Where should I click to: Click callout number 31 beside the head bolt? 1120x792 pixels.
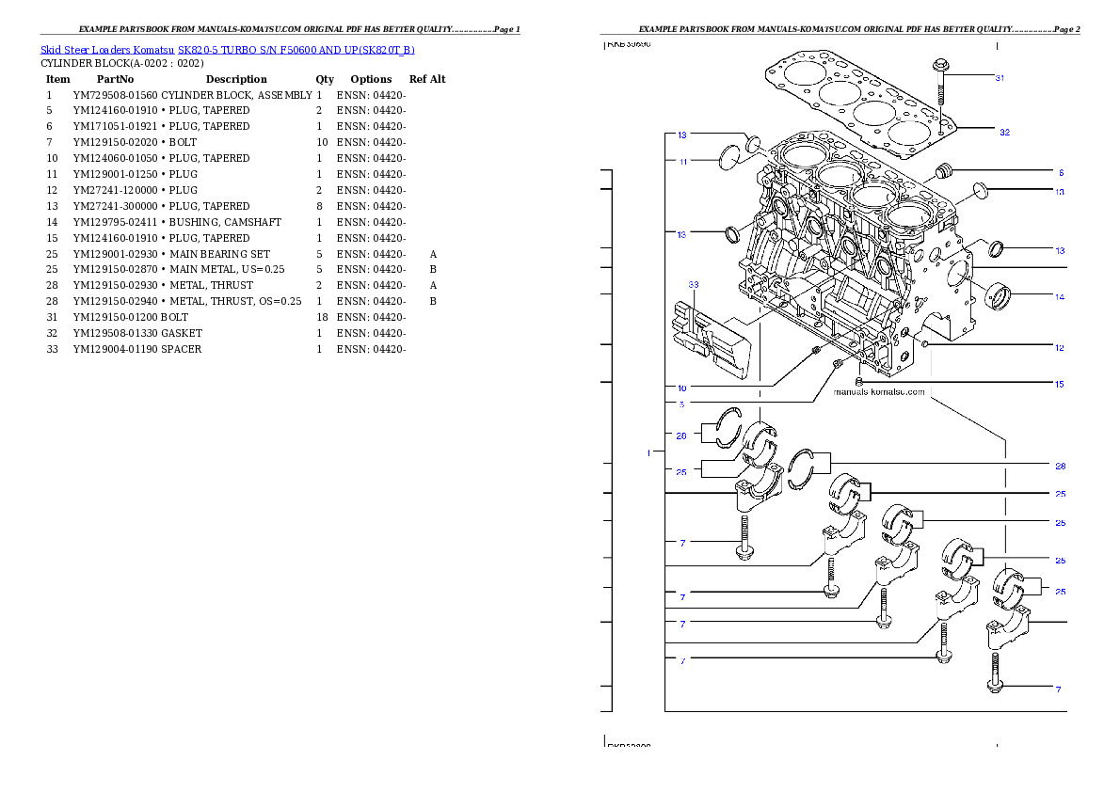click(1000, 78)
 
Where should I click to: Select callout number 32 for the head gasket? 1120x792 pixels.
click(1004, 133)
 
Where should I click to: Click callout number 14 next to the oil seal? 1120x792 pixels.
click(1060, 297)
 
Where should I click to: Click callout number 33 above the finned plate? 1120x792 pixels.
click(694, 283)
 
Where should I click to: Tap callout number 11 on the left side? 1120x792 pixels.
click(682, 162)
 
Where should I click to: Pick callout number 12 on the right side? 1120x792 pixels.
click(1060, 348)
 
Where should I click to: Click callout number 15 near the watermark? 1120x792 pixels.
click(1060, 384)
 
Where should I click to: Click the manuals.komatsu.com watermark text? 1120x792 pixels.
click(879, 392)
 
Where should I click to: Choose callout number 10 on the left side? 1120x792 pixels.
click(681, 388)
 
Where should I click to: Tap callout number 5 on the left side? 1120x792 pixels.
click(681, 404)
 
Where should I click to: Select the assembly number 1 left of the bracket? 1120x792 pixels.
click(648, 453)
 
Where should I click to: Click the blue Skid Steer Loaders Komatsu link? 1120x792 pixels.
click(227, 50)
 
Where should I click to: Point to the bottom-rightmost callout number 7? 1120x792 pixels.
click(1058, 689)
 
